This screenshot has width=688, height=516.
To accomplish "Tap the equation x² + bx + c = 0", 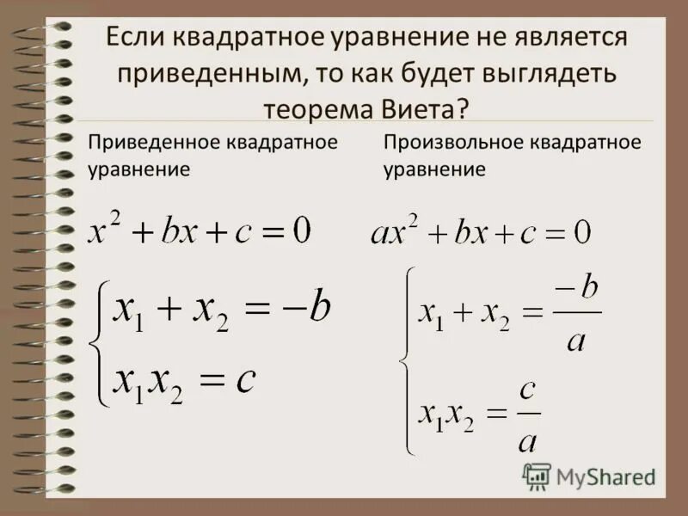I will pyautogui.click(x=199, y=230).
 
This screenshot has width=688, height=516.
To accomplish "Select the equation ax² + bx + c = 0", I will pyautogui.click(x=480, y=231).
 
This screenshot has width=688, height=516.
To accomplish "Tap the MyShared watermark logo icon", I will pyautogui.click(x=537, y=476).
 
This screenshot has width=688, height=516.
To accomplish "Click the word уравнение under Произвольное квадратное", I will pyautogui.click(x=434, y=169).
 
